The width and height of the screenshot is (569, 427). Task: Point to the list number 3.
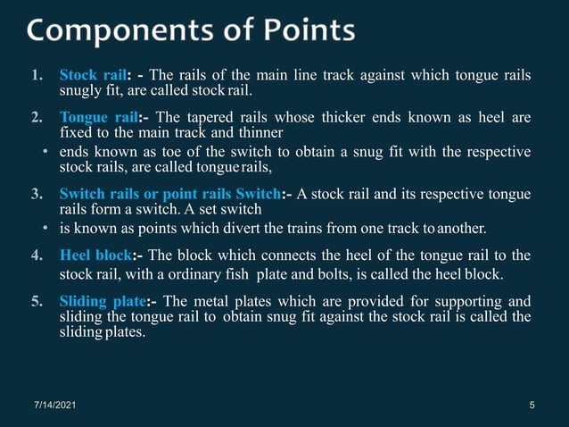pos(37,194)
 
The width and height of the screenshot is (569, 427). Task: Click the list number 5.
pos(37,300)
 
